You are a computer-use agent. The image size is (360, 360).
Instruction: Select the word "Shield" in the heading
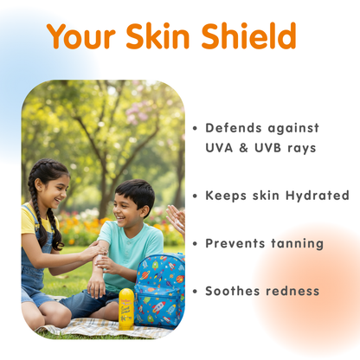tap(250, 36)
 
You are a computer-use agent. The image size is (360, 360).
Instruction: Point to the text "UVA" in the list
tap(221, 148)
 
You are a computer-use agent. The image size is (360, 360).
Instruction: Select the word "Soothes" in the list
tap(232, 291)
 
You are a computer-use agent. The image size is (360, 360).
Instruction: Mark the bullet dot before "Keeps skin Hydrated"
tap(195, 196)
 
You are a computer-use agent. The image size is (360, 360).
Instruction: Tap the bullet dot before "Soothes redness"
tap(195, 291)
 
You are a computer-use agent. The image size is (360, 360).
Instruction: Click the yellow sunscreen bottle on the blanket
tap(126, 308)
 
